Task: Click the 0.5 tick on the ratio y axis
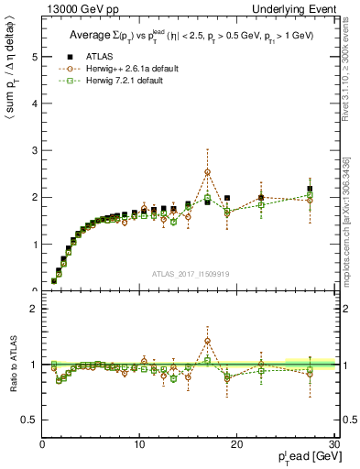coord(31,420)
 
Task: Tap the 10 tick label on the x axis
coord(139,444)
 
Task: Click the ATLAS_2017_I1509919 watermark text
coord(190,272)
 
